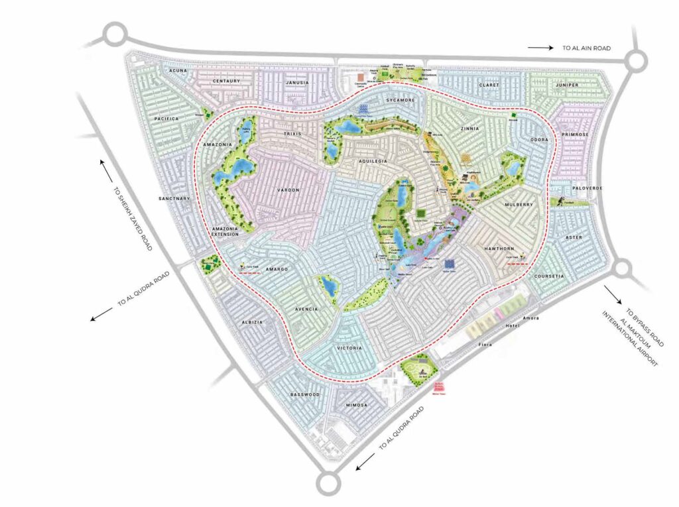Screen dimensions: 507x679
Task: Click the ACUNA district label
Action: click(178, 70)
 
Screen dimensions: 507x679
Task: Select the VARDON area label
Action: click(288, 190)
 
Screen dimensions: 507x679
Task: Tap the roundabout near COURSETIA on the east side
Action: click(624, 269)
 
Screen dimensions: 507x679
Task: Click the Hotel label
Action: click(493, 327)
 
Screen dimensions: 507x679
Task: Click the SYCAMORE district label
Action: click(401, 100)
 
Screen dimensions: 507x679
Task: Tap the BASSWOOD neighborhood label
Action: click(305, 394)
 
